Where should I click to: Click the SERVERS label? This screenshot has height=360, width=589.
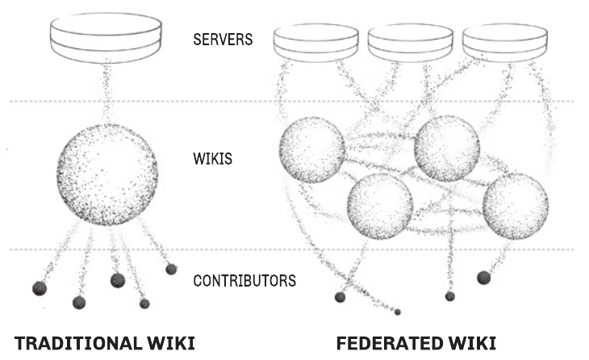coord(223,40)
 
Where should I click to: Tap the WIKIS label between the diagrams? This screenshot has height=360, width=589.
coord(213,158)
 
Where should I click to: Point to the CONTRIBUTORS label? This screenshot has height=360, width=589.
coord(244,281)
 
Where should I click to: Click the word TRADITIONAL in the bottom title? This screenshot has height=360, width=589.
coord(77,344)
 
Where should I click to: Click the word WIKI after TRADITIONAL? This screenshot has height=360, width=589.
coord(170,344)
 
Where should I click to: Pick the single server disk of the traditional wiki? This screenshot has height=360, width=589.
coord(107,38)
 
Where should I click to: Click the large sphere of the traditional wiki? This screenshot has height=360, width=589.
coord(107,174)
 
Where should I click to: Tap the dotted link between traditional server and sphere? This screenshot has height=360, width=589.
coord(107,93)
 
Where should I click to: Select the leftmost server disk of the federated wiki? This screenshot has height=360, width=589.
coord(316,43)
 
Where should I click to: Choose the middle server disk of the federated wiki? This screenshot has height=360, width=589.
coord(411,43)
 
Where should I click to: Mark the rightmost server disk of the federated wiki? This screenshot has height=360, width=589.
coord(505,43)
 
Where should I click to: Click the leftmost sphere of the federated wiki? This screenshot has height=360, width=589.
coord(311,150)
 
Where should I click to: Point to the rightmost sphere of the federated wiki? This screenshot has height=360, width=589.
coord(516,206)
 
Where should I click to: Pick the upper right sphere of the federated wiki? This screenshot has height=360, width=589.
coord(447,149)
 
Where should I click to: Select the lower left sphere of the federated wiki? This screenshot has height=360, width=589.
coord(380,207)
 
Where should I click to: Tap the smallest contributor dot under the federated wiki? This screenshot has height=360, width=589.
coord(398,312)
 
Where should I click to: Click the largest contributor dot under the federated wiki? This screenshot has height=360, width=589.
coord(484,278)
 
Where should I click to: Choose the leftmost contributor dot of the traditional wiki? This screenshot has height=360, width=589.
coord(40,289)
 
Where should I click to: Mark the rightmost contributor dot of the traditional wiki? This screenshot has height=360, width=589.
coord(171,269)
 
